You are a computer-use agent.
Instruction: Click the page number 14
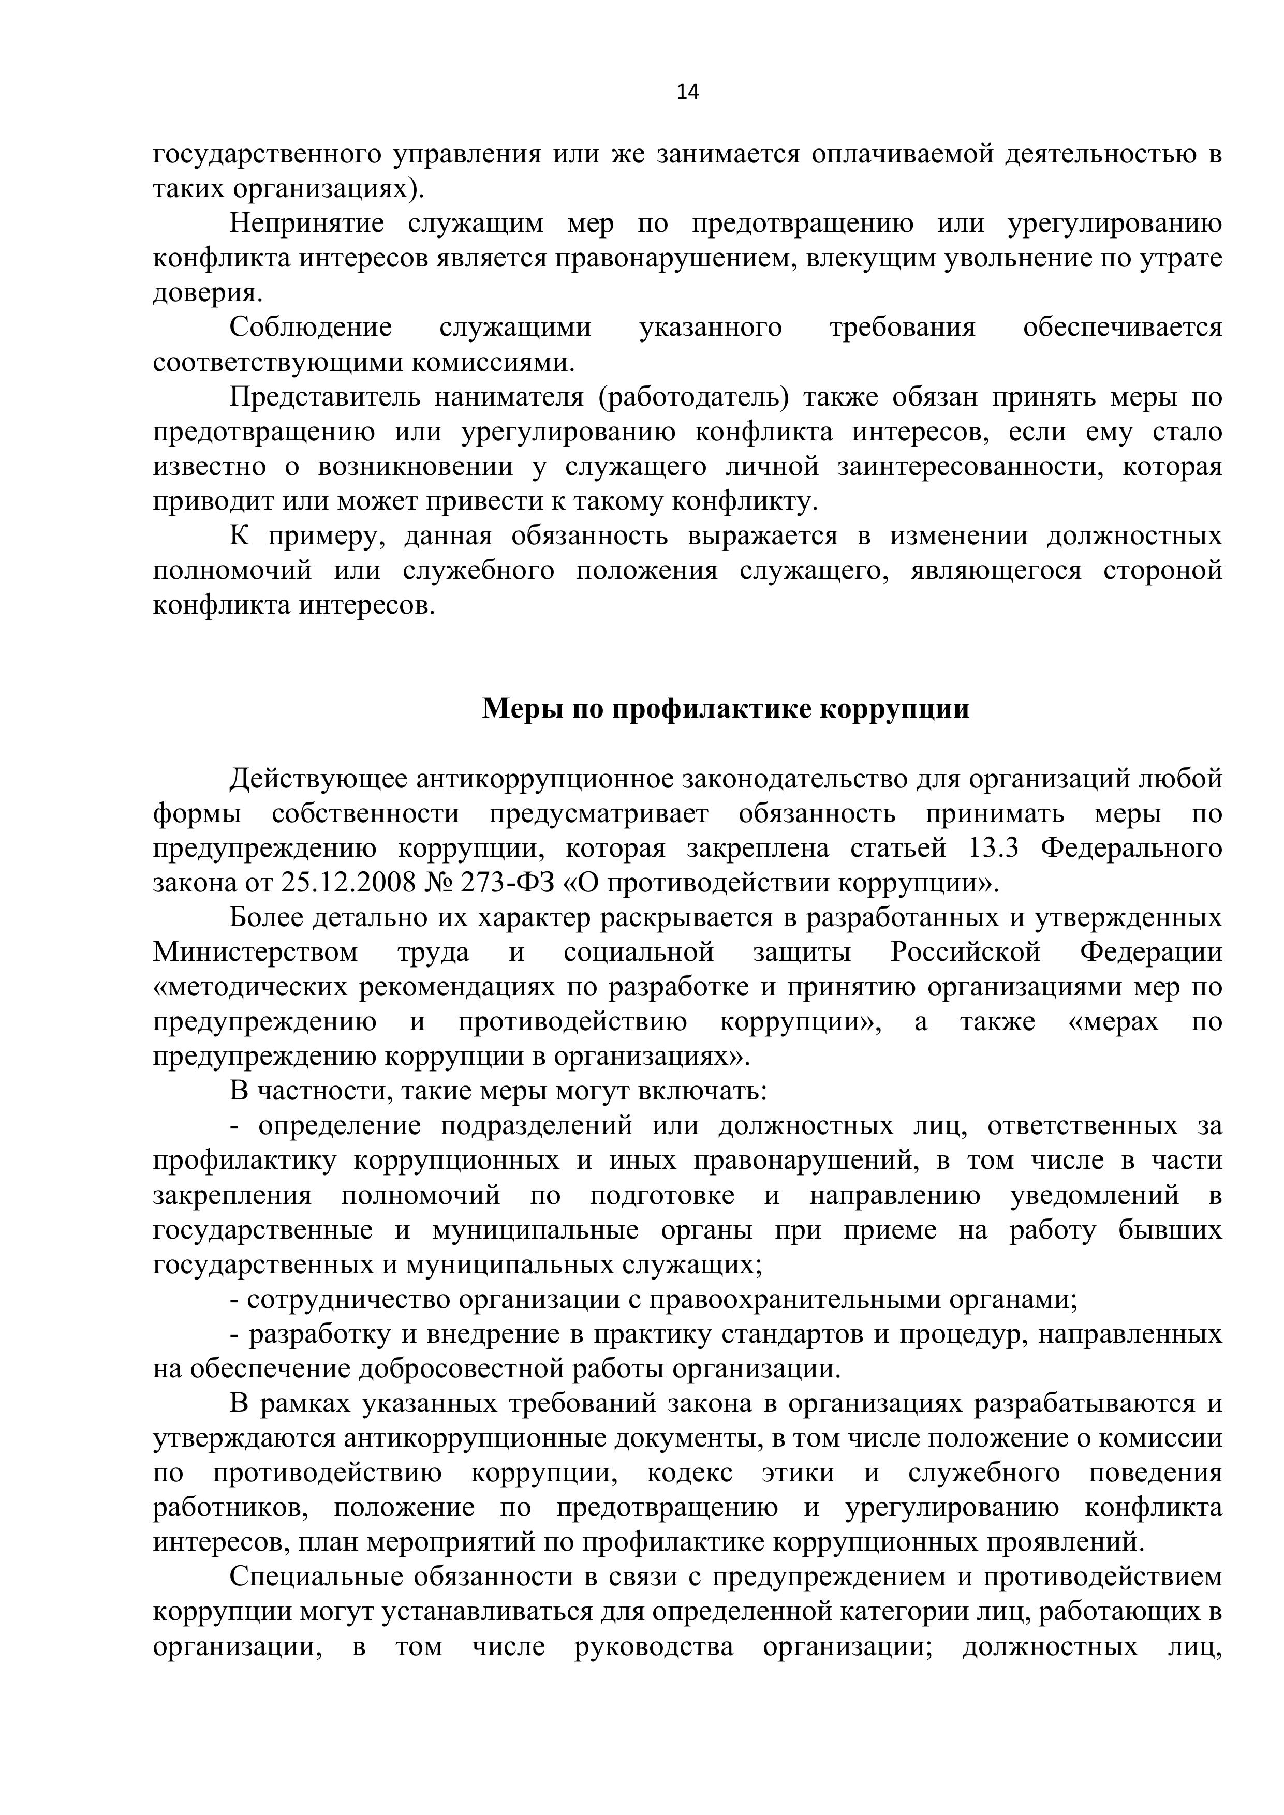[x=688, y=93]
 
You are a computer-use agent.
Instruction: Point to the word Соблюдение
[x=311, y=328]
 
